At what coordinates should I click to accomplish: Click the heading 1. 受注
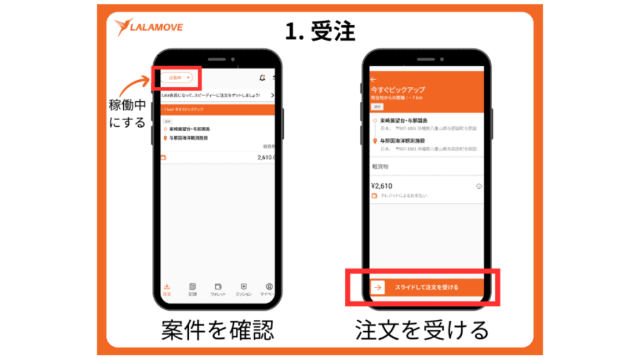320,31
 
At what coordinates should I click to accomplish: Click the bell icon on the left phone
262,77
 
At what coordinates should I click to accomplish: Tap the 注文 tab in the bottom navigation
166,289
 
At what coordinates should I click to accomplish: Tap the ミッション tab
244,289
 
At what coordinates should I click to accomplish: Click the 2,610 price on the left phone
266,158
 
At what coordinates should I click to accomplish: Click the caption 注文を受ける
422,331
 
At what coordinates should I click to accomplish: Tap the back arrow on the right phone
374,80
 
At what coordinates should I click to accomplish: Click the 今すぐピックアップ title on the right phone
395,90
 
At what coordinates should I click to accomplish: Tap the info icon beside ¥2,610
479,186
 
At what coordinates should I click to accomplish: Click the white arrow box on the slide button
377,287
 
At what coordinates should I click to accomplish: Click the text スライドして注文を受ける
426,287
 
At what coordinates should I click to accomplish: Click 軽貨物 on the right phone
381,167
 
